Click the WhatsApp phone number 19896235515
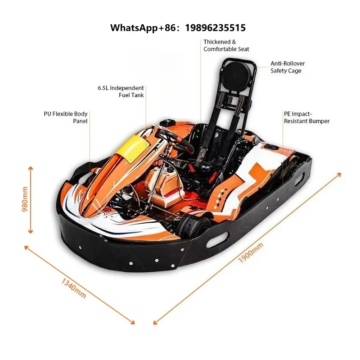pos(216,28)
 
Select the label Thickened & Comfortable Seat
pos(226,45)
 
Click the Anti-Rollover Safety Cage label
pos(288,67)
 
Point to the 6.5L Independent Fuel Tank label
pos(121,92)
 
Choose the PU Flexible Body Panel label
pos(66,117)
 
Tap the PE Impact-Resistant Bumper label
pos(306,117)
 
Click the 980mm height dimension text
pos(25,199)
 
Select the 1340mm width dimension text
pos(74,288)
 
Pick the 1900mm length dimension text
pos(251,253)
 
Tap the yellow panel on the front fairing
pos(132,148)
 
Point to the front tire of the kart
pos(193,226)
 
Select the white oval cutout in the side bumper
pos(217,240)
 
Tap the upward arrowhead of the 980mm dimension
pos(30,169)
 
